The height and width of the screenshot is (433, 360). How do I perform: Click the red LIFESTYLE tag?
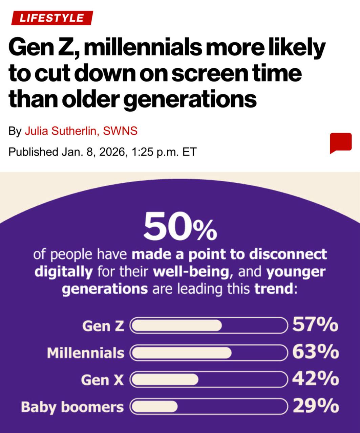click(x=51, y=18)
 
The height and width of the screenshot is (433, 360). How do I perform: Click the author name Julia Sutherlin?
click(x=61, y=131)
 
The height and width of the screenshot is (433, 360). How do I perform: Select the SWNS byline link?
click(x=120, y=131)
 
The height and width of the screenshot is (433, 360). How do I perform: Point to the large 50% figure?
click(x=180, y=226)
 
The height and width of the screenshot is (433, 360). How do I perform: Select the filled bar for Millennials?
click(x=182, y=352)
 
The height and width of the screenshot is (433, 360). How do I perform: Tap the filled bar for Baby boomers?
click(x=154, y=406)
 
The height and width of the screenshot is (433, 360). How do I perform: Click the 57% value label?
click(x=315, y=325)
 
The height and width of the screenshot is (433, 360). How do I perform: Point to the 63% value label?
click(x=315, y=352)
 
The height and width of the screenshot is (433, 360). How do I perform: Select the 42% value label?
click(x=315, y=379)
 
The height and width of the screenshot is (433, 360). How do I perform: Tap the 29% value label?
click(x=315, y=406)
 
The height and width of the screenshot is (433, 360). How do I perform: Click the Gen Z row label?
click(x=103, y=326)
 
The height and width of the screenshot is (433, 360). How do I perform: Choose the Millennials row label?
click(x=85, y=353)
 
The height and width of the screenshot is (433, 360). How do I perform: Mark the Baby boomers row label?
click(x=72, y=407)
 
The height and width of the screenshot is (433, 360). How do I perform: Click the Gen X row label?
click(x=102, y=380)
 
